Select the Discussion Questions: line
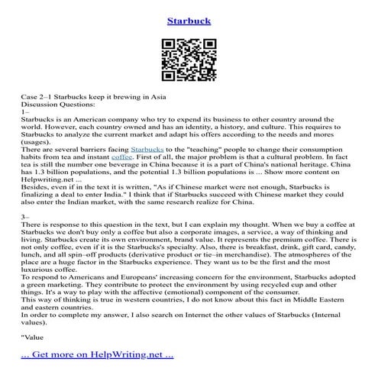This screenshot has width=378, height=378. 57,107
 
